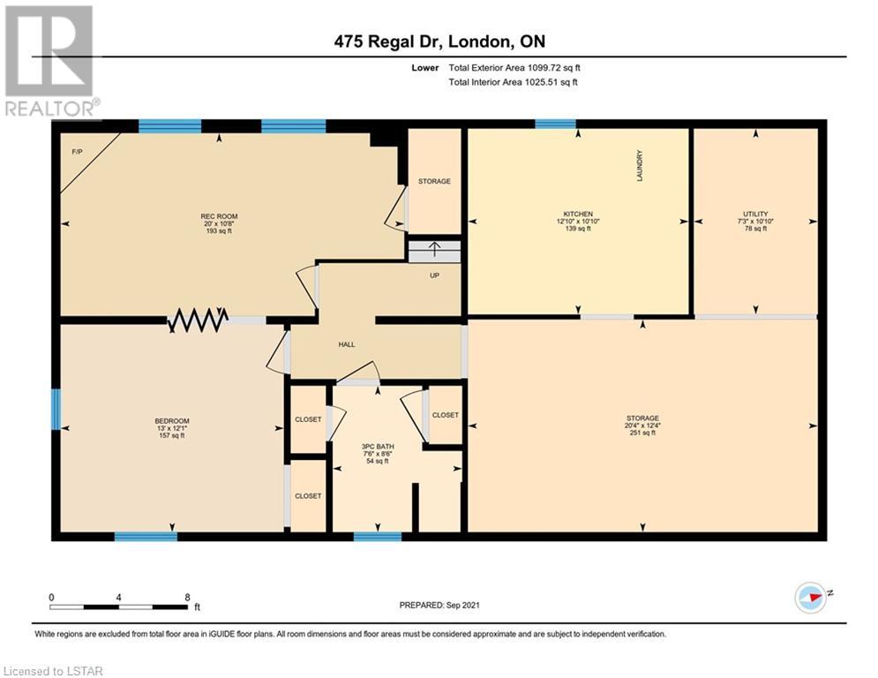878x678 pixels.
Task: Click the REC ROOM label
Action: (x=219, y=216)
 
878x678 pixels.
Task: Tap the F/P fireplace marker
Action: (x=78, y=152)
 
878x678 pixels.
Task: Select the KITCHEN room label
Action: (x=578, y=214)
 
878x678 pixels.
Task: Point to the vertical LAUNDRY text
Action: (x=640, y=165)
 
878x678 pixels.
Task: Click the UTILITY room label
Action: (x=755, y=214)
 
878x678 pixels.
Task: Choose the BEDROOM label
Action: (x=172, y=421)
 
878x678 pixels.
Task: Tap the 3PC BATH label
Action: (x=378, y=447)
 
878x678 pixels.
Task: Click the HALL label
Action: (x=347, y=344)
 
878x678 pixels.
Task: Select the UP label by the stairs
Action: (x=434, y=275)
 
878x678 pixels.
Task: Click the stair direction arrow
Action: (x=434, y=249)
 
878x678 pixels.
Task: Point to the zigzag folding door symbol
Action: (x=198, y=320)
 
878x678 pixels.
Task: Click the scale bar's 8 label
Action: (x=188, y=598)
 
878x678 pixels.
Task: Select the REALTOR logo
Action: (x=51, y=62)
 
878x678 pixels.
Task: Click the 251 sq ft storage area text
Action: (x=642, y=433)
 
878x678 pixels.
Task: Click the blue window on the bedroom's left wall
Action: (x=56, y=409)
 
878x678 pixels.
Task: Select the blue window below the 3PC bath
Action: (x=378, y=537)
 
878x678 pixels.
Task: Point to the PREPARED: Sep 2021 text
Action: (x=439, y=605)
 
